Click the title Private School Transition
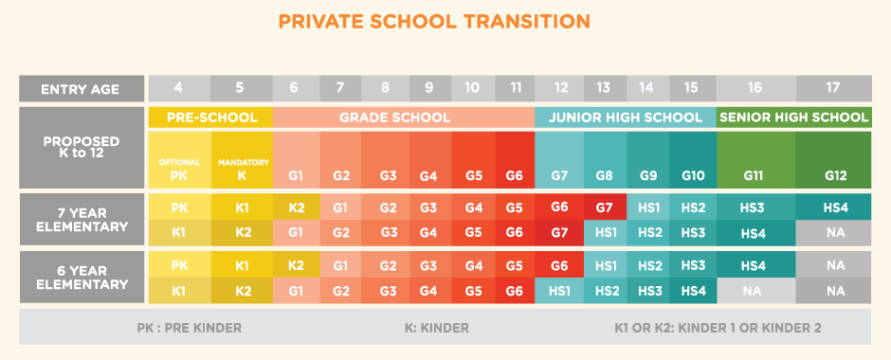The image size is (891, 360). (x=445, y=21)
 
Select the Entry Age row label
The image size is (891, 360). (x=80, y=89)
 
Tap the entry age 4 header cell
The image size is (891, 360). (x=178, y=88)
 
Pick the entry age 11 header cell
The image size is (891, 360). (x=515, y=88)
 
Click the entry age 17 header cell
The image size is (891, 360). (x=832, y=88)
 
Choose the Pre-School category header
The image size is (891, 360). (x=211, y=117)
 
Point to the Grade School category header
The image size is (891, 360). (x=404, y=117)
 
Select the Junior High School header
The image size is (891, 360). (x=626, y=117)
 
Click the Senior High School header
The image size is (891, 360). (x=794, y=117)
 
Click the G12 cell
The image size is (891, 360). (x=833, y=175)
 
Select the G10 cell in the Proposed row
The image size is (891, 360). (x=693, y=175)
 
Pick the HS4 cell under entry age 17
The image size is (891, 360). (x=833, y=207)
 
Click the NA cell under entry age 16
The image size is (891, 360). (x=755, y=290)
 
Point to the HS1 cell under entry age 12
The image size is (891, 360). (x=559, y=290)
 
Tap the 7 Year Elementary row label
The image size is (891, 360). (x=80, y=220)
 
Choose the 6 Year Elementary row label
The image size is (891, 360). (x=80, y=278)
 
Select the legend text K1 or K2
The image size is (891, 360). (x=717, y=328)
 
